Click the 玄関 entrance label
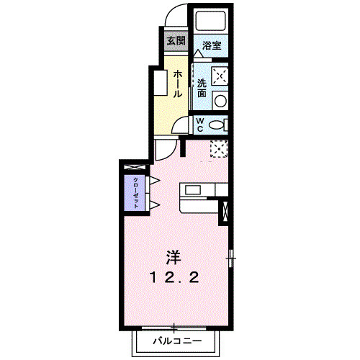176,40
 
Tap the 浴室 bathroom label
211,45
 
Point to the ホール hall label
176,84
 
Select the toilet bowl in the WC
217,124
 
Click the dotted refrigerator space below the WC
220,148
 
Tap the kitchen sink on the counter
193,189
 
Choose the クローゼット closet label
135,192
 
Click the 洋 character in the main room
174,257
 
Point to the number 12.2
174,277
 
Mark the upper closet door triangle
154,179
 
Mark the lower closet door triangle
154,205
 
